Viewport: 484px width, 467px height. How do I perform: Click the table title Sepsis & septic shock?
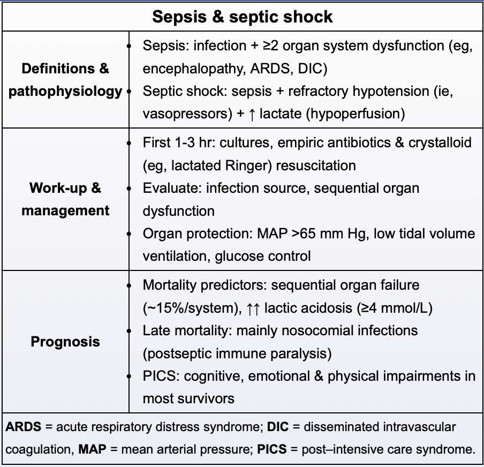point(242,16)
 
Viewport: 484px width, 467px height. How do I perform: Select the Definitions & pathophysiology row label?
point(65,80)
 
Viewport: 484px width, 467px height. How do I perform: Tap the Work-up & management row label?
point(65,199)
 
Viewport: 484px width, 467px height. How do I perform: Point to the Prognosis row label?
point(65,341)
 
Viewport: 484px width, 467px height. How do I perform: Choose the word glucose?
point(239,256)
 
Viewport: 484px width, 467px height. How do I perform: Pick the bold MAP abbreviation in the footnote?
point(90,449)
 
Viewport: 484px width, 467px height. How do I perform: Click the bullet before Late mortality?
point(129,330)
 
